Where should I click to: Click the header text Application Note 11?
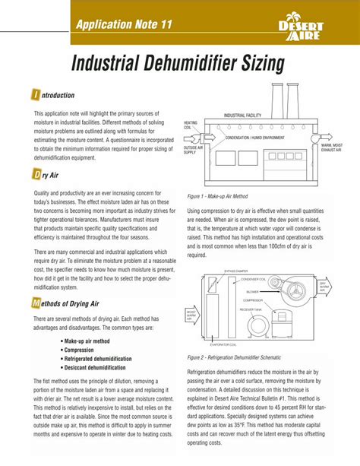[x=122, y=24]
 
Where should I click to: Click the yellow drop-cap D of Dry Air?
[x=36, y=175]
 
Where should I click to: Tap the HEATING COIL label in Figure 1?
[x=190, y=125]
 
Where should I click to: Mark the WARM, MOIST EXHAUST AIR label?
[x=335, y=147]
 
